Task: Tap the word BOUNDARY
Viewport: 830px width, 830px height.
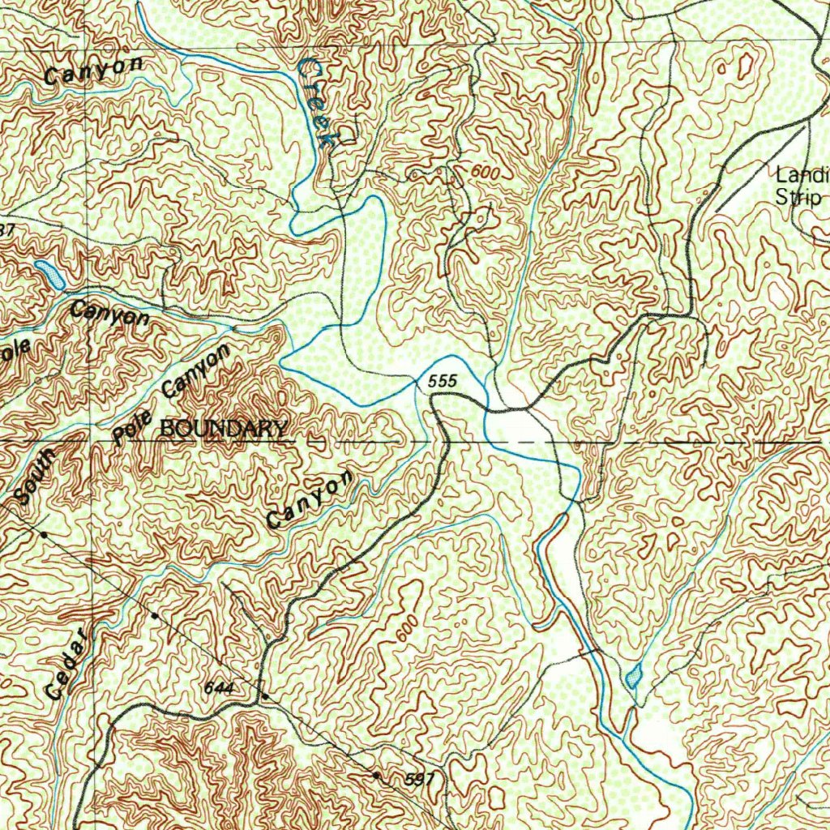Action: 224,429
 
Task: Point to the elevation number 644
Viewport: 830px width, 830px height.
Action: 219,688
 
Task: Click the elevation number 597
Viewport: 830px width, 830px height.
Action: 420,780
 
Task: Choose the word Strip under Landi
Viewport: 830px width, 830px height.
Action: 799,197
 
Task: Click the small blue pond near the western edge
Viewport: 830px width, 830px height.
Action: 50,274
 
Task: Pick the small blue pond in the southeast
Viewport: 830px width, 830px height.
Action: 634,674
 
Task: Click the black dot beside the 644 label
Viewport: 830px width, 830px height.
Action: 264,697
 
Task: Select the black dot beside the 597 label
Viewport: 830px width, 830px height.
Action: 376,775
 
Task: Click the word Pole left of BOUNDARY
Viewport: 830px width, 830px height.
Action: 126,429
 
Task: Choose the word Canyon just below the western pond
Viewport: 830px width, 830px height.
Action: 110,313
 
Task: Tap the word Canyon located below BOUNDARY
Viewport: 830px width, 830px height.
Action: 310,500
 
